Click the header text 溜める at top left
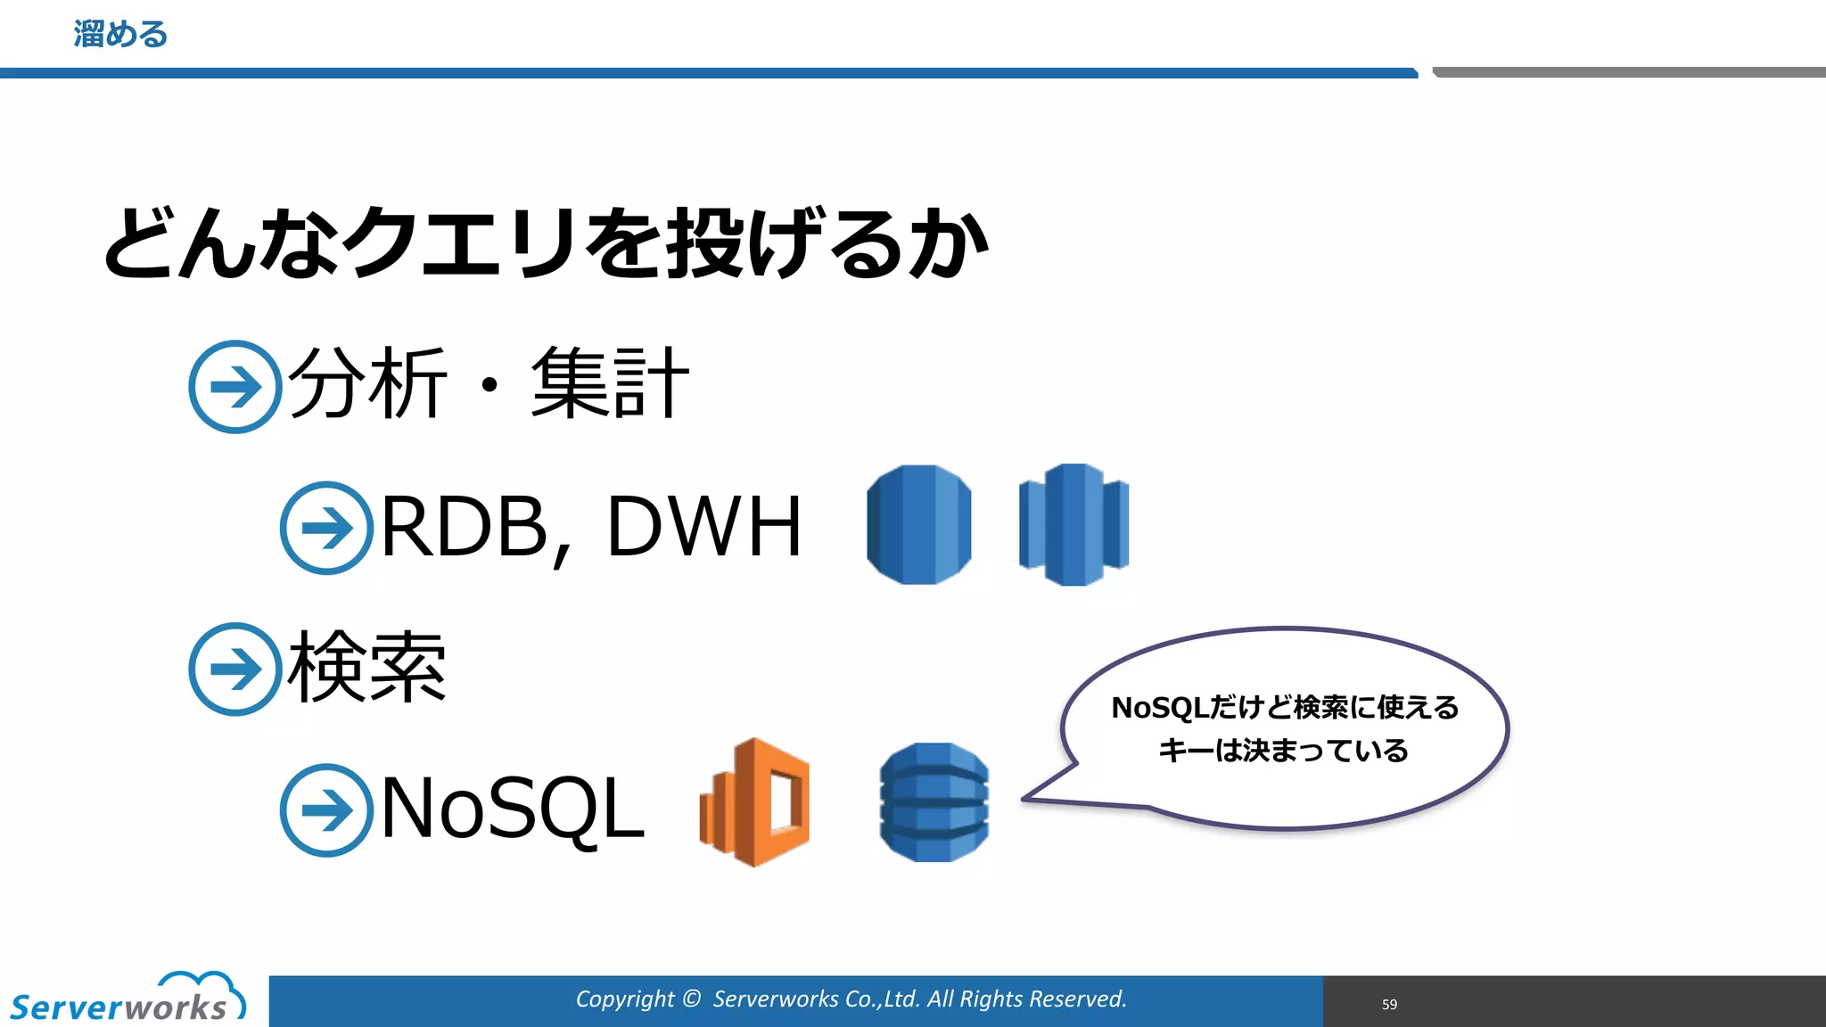point(120,35)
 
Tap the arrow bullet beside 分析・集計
point(235,387)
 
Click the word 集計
point(610,384)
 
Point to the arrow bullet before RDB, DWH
point(326,528)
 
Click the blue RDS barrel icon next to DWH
point(918,524)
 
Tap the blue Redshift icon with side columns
point(1073,524)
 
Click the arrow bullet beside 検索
point(235,669)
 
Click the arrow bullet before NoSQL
point(326,809)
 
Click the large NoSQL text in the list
point(512,808)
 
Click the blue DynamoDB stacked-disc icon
point(934,802)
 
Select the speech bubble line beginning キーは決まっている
point(1283,751)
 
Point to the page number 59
point(1389,1004)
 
